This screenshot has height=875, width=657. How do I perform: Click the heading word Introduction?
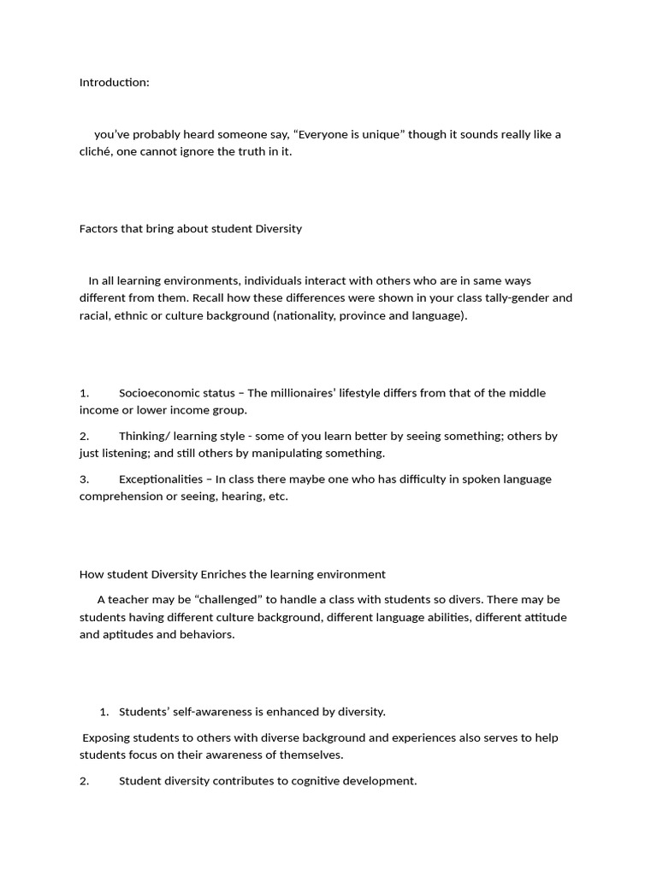pyautogui.click(x=113, y=82)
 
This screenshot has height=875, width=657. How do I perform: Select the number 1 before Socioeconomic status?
pyautogui.click(x=84, y=393)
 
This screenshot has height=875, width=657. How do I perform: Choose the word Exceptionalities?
pyautogui.click(x=161, y=479)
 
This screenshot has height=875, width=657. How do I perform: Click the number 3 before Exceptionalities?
pyautogui.click(x=84, y=479)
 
